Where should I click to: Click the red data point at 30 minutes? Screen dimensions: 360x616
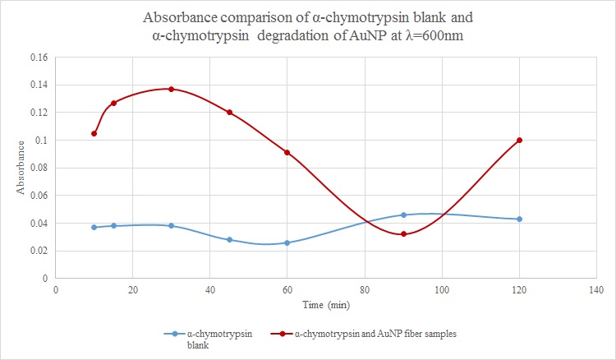click(x=171, y=89)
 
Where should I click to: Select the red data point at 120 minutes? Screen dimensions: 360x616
click(x=519, y=140)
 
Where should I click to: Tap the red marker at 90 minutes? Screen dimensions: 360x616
click(x=403, y=234)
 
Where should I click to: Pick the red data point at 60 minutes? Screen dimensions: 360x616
click(x=287, y=152)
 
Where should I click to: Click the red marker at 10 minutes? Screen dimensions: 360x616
click(x=94, y=133)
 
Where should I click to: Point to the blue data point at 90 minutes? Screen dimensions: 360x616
click(x=403, y=215)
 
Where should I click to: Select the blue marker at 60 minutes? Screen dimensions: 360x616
click(x=287, y=242)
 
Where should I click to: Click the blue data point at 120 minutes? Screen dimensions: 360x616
click(x=519, y=219)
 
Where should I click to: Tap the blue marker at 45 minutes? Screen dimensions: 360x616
click(x=229, y=240)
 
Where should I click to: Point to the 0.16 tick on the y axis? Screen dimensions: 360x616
click(x=39, y=58)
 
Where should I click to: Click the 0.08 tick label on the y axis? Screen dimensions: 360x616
click(x=39, y=168)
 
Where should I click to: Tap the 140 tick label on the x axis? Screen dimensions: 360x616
click(x=597, y=289)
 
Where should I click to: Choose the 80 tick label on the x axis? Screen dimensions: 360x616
click(x=365, y=289)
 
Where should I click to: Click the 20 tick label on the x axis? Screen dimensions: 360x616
click(x=132, y=289)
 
